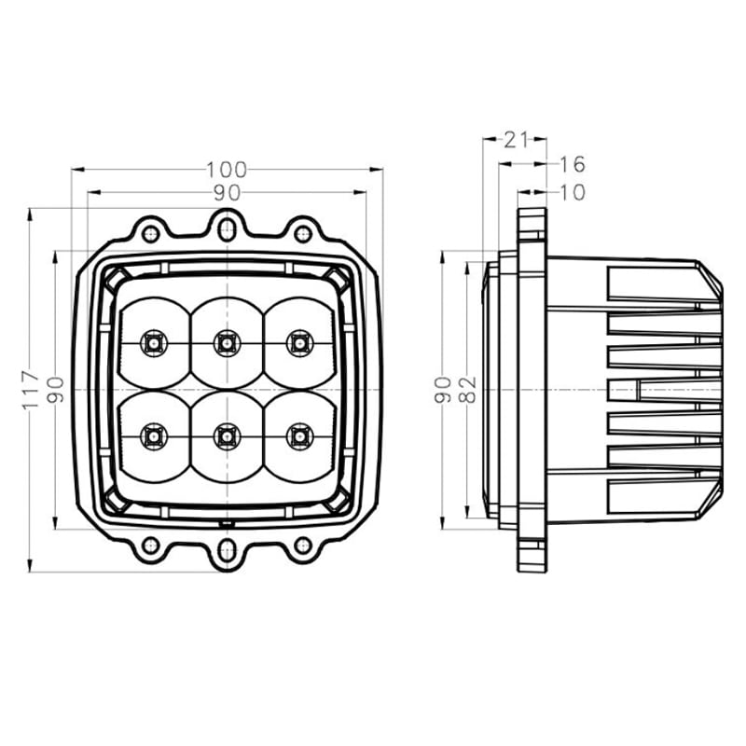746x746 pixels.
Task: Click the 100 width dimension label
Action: tap(227, 170)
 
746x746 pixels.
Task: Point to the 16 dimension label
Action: tap(572, 165)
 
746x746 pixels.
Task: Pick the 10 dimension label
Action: tap(572, 192)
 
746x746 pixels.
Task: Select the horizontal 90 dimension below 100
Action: tap(227, 193)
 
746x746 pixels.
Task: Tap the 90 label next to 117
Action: tap(56, 389)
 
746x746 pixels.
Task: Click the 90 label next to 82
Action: tap(444, 388)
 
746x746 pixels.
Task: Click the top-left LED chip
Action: tap(152, 343)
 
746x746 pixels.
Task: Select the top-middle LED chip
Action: tap(225, 343)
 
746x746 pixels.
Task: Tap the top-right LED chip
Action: tap(298, 343)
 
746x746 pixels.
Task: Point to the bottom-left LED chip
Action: tap(152, 434)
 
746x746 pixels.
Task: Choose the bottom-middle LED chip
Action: tap(225, 434)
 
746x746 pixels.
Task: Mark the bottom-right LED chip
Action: tap(298, 434)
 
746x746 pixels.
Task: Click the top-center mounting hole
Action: tap(225, 225)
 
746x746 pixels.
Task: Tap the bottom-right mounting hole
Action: tap(301, 546)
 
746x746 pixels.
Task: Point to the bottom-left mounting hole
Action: tap(149, 546)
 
